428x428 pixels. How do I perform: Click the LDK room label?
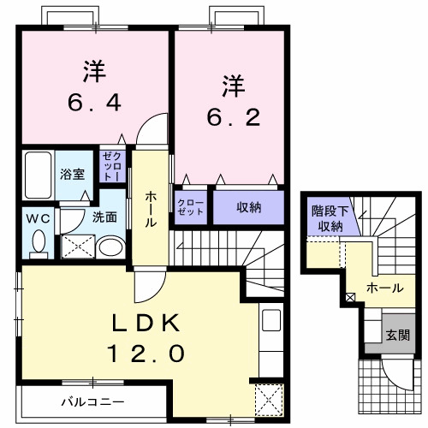pyautogui.click(x=146, y=324)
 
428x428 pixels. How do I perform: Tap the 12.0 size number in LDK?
pyautogui.click(x=146, y=353)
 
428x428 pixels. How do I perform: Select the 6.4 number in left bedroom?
pyautogui.click(x=95, y=103)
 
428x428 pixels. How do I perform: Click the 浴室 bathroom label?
pyautogui.click(x=72, y=174)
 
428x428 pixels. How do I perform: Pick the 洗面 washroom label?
pyautogui.click(x=105, y=217)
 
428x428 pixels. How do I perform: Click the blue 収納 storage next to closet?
pyautogui.click(x=249, y=206)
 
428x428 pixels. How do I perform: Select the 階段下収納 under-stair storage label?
pyautogui.click(x=327, y=219)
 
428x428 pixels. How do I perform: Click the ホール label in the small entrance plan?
pyautogui.click(x=385, y=288)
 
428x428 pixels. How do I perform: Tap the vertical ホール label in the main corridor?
pyautogui.click(x=151, y=209)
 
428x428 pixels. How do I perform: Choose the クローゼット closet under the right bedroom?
pyautogui.click(x=191, y=206)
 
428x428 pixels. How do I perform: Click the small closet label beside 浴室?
pyautogui.click(x=112, y=165)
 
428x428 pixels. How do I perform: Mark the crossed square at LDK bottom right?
pyautogui.click(x=270, y=399)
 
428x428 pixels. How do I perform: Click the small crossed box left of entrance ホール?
pyautogui.click(x=349, y=297)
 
